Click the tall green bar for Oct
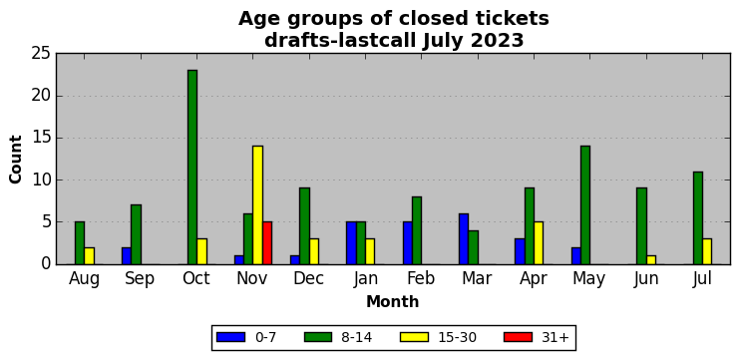[192, 167]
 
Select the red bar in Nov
[267, 243]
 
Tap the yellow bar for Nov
[257, 204]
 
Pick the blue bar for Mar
[464, 238]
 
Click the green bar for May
[585, 204]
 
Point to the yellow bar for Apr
[539, 243]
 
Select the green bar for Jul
[697, 218]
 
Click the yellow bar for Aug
[89, 255]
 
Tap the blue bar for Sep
[127, 255]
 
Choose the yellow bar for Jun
[651, 260]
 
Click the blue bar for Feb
[407, 243]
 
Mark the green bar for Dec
[304, 226]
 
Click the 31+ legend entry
[537, 337]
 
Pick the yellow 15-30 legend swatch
[414, 337]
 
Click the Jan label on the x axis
[365, 279]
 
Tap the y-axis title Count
[16, 159]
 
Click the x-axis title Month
[392, 301]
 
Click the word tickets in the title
[512, 19]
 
